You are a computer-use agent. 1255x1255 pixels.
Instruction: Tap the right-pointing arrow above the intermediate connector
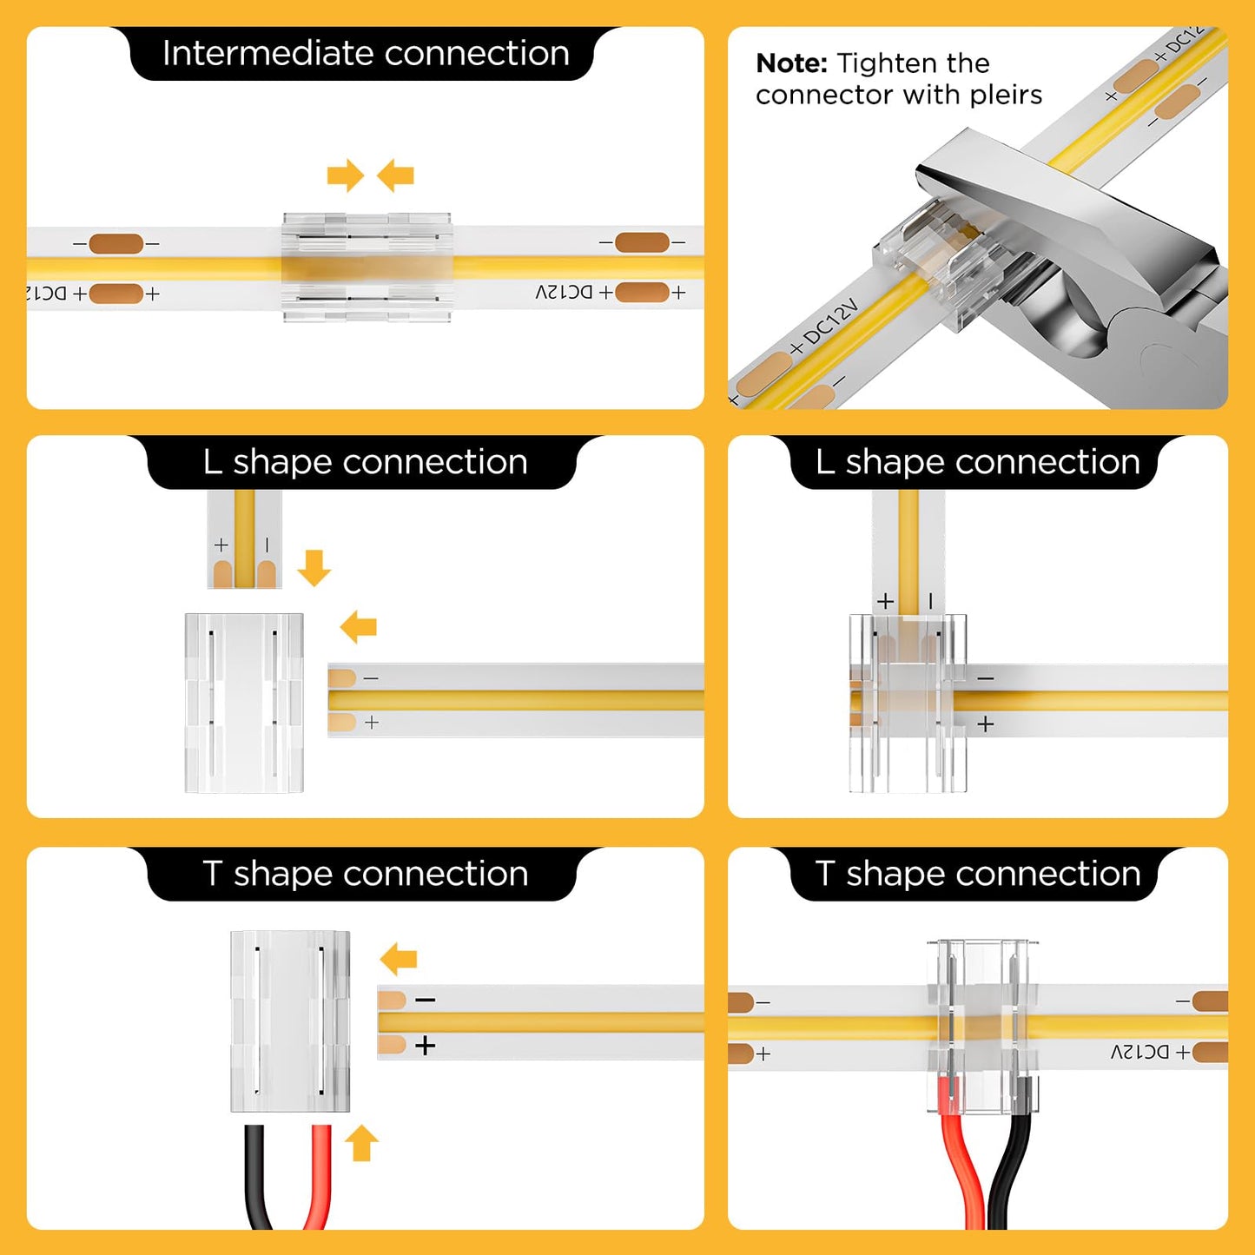tap(345, 175)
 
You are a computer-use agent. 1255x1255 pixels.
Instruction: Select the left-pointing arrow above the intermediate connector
tap(396, 175)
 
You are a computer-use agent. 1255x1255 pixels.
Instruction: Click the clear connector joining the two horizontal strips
tap(367, 268)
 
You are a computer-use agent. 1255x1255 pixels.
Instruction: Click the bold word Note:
tap(791, 63)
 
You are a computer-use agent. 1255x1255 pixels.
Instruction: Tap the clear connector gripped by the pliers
tap(929, 261)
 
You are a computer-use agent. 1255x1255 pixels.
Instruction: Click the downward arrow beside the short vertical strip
tap(314, 567)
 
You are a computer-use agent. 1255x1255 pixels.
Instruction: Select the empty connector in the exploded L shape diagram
tap(244, 703)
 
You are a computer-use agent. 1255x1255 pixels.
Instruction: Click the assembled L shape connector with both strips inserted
tap(908, 703)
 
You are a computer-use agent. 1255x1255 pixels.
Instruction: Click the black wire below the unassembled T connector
tap(255, 1177)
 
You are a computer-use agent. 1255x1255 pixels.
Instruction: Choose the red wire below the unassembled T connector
tap(319, 1177)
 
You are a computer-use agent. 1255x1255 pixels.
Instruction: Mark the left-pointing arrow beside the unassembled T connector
tap(399, 960)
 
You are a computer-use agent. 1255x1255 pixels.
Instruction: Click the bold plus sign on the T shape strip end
tap(425, 1046)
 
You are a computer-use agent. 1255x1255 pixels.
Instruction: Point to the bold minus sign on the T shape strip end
tap(425, 1001)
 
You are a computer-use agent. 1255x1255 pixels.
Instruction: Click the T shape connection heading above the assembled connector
tap(977, 874)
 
